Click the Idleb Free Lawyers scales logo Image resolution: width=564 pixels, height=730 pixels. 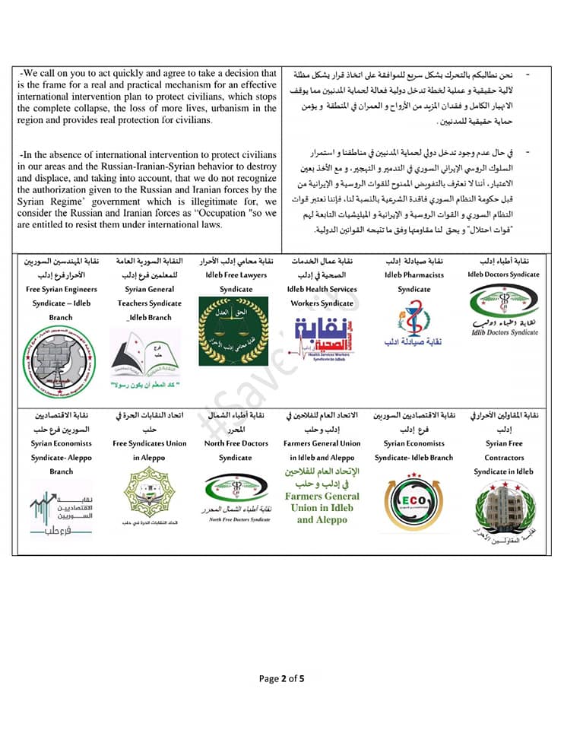click(233, 331)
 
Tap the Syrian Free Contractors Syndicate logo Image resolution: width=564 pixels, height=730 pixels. click(502, 508)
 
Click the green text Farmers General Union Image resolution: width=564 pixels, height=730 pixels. click(322, 496)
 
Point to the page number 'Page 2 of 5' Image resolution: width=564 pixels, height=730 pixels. click(281, 678)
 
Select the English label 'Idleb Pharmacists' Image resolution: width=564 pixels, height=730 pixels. click(414, 275)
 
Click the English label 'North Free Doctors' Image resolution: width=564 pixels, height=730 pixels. click(236, 443)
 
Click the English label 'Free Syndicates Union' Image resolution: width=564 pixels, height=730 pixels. click(149, 443)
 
